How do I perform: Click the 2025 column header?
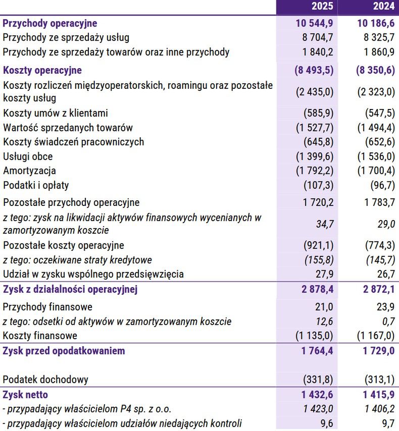322,7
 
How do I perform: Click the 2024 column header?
383,7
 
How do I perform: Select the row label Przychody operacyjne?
50,23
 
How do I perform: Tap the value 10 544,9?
314,23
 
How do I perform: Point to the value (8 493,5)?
314,71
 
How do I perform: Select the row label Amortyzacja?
29,171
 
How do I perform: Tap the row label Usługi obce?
28,156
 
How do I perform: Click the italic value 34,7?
324,224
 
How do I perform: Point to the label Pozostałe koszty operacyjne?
64,246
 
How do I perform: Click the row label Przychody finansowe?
47,307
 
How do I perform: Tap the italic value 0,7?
388,321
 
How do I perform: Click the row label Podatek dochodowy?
45,380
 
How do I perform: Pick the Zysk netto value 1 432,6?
317,395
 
